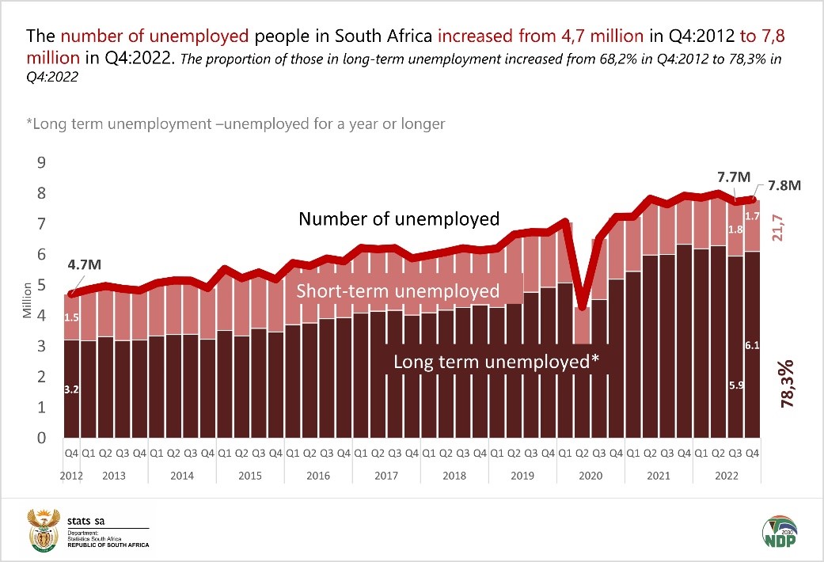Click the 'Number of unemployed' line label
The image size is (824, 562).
399,218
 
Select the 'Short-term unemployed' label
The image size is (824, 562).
398,290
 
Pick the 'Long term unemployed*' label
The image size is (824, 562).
496,362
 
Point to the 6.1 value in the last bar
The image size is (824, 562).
751,344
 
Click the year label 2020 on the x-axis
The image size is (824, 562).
590,476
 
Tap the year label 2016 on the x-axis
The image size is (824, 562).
317,476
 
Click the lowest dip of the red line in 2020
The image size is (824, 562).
582,307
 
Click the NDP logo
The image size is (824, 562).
779,532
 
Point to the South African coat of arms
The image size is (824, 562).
44,530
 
